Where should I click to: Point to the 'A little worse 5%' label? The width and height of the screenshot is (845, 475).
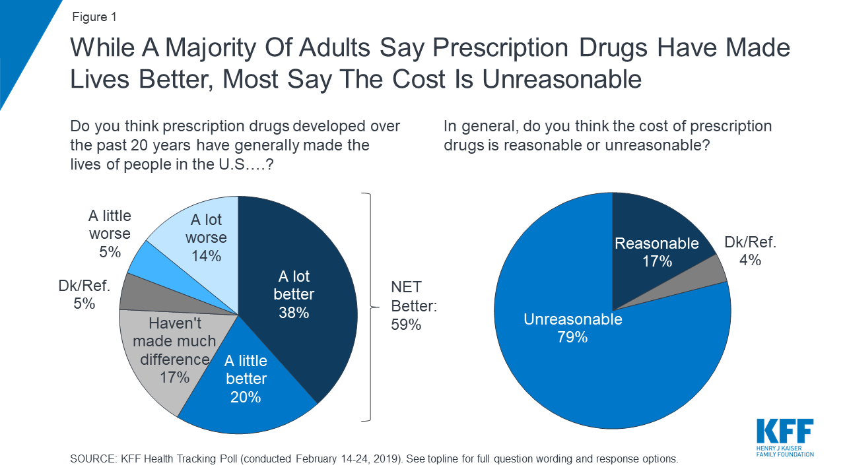pyautogui.click(x=110, y=234)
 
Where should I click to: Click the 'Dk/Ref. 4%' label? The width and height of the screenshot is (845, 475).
pyautogui.click(x=750, y=251)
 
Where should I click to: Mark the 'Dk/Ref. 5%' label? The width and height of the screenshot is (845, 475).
pyautogui.click(x=84, y=295)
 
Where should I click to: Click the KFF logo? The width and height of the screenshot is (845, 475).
pyautogui.click(x=784, y=437)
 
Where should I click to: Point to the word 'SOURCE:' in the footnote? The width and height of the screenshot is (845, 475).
pyautogui.click(x=92, y=459)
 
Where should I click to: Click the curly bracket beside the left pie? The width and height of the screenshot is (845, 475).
pyautogui.click(x=368, y=307)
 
